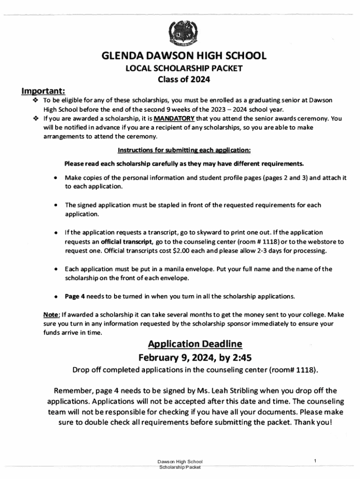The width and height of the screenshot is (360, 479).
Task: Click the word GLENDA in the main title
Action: (121, 57)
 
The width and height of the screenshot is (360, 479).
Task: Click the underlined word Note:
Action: (51, 314)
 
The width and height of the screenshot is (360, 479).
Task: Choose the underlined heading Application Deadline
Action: (195, 344)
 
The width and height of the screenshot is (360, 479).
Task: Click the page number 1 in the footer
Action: (316, 462)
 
